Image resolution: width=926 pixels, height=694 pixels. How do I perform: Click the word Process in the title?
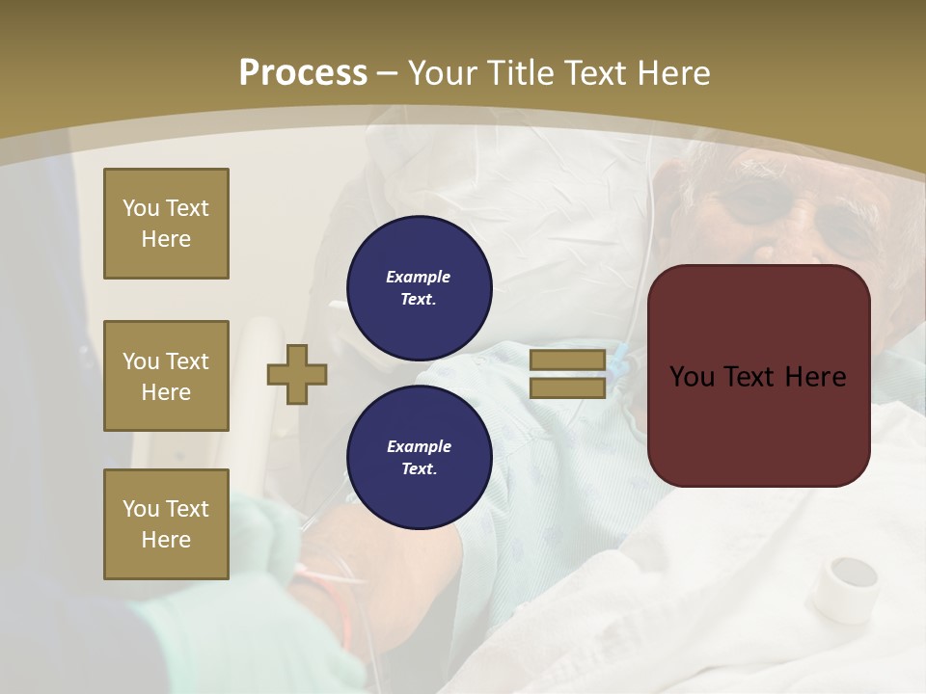303,72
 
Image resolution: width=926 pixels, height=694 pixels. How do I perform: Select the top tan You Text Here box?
166,224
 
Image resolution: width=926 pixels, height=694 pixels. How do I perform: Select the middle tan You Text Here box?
166,376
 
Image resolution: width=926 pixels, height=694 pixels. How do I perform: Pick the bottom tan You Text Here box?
166,524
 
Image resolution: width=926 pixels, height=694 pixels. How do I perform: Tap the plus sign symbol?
297,374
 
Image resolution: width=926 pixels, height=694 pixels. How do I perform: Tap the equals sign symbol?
567,374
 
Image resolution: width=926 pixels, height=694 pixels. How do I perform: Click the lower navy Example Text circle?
419,458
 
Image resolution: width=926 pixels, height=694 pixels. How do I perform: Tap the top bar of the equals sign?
567,360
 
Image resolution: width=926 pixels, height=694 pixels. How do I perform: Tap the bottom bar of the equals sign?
567,387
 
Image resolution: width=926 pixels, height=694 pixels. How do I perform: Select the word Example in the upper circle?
419,277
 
